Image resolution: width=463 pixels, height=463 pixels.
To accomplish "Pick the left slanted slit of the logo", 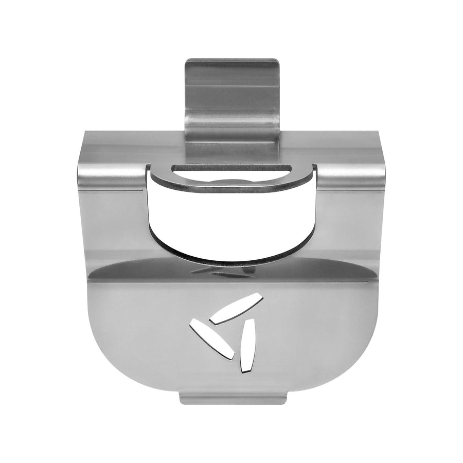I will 212,339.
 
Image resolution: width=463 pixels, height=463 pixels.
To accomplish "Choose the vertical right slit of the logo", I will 247,344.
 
